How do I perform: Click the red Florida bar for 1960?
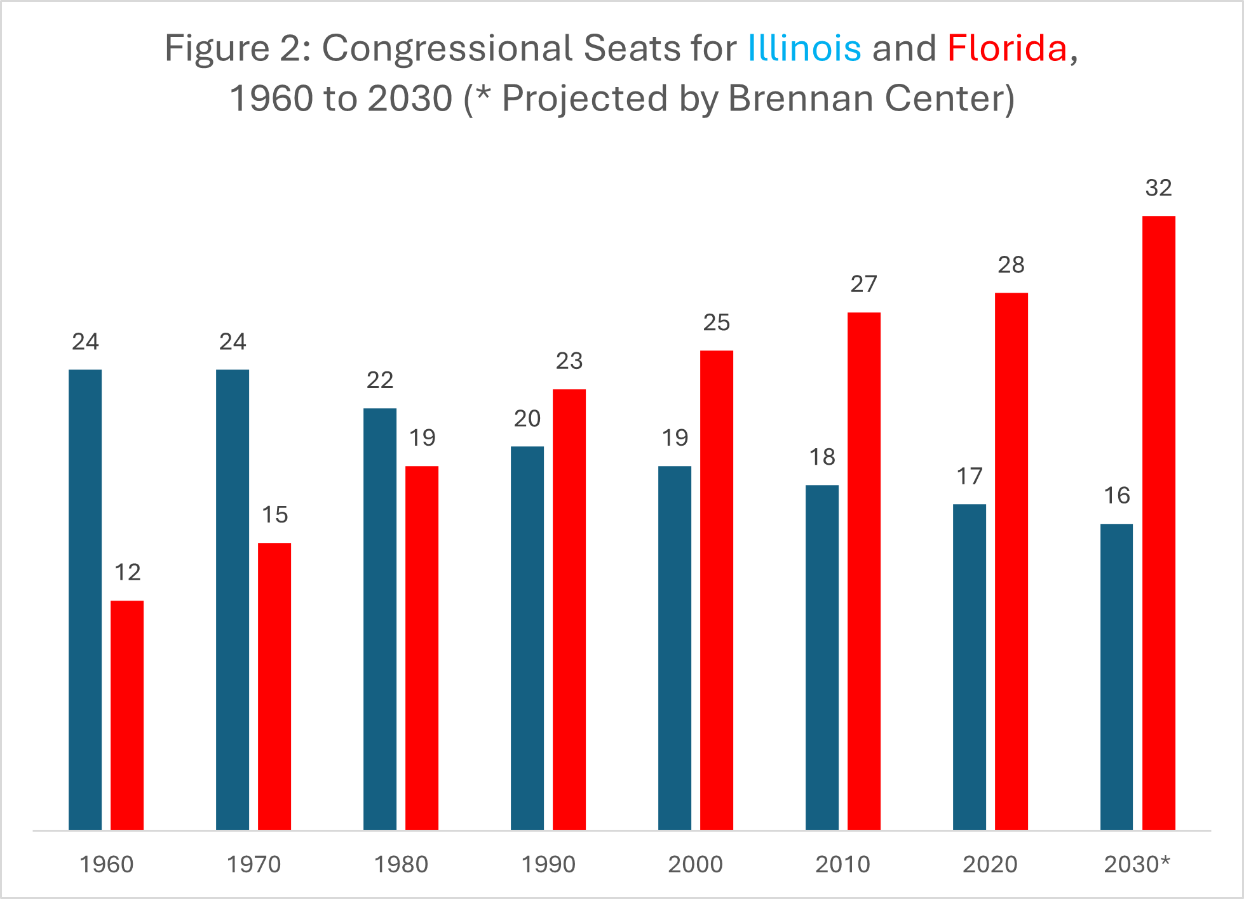pos(127,715)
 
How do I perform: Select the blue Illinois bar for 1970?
pos(233,599)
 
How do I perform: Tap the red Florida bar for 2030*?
pos(1158,523)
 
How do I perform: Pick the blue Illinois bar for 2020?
pos(969,667)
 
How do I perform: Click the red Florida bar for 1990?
pos(569,609)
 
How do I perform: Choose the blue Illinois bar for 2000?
pos(675,648)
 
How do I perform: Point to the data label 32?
pos(1158,188)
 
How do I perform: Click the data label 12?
pos(127,573)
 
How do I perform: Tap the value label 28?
pos(1011,265)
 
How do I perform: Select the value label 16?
pos(1116,496)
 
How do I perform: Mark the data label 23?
pos(569,361)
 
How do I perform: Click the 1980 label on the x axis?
pos(401,865)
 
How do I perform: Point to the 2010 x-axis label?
pos(842,865)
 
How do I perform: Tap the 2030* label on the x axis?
pos(1137,865)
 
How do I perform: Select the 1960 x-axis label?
pos(106,865)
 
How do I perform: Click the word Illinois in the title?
pos(804,48)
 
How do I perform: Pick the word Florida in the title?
pos(1007,48)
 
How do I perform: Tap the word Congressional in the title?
pos(447,48)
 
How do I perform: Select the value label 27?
pos(863,284)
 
